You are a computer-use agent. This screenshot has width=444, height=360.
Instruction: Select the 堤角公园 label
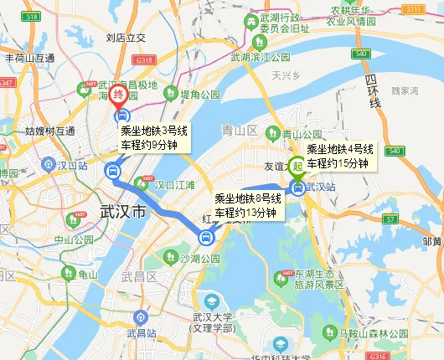point(199,95)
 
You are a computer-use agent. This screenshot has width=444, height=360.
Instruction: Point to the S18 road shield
point(33,17)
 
